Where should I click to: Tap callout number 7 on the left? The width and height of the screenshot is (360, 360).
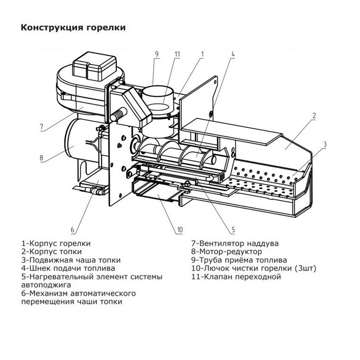41,126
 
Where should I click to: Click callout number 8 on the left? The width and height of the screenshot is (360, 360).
41,157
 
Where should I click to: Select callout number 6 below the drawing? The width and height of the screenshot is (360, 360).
72,229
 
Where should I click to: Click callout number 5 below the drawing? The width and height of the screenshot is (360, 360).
233,229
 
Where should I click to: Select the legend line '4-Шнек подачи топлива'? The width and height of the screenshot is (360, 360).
68,268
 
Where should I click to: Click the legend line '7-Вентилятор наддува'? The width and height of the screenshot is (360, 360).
235,243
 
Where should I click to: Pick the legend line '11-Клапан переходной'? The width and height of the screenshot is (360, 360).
236,277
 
